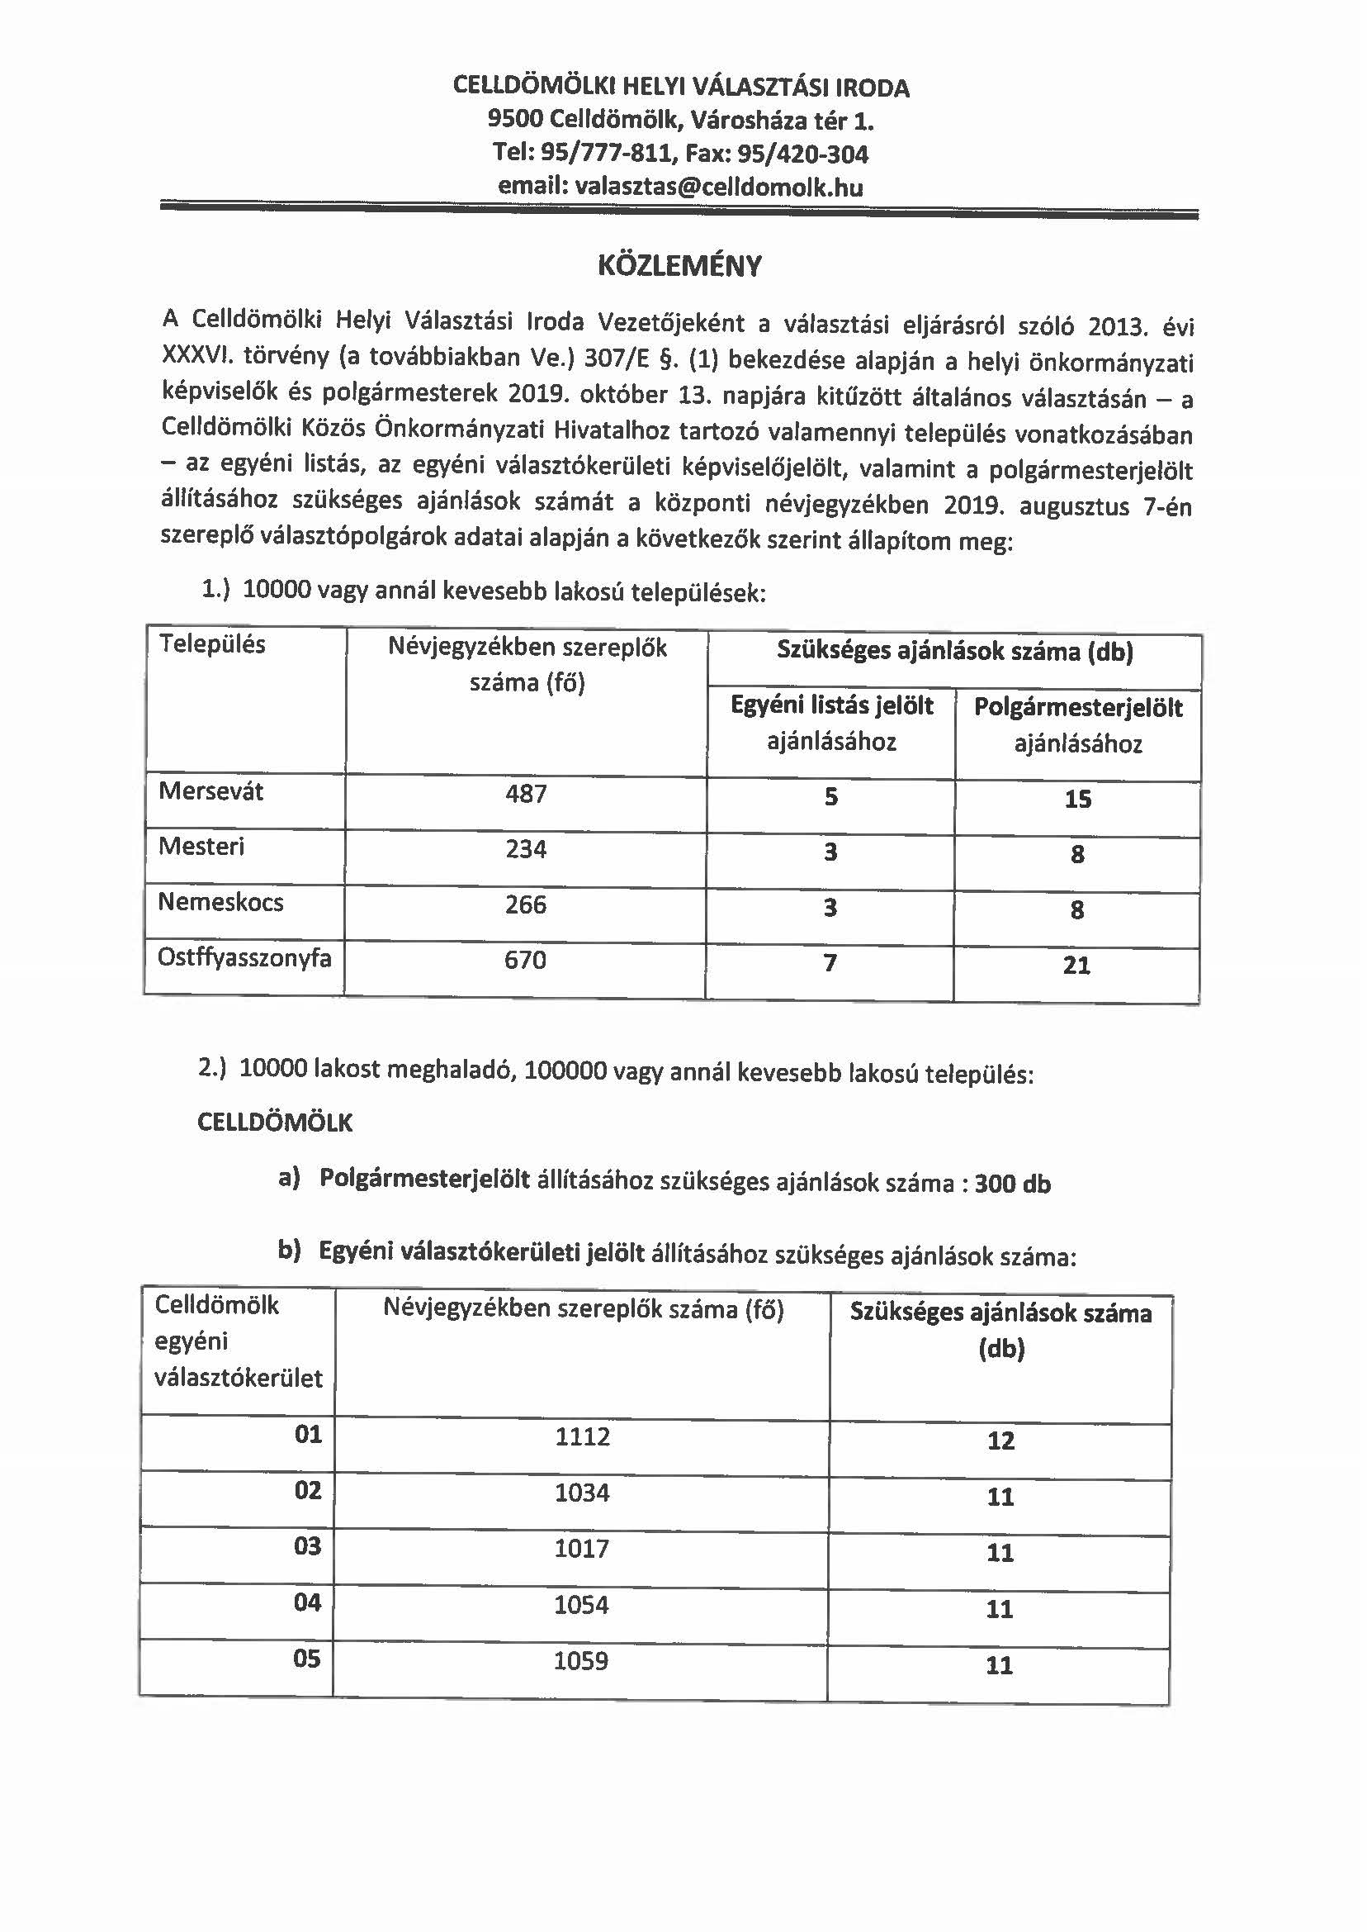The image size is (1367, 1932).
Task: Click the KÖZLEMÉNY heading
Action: click(679, 266)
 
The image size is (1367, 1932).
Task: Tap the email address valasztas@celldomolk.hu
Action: click(718, 186)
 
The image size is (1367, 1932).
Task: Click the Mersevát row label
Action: click(211, 790)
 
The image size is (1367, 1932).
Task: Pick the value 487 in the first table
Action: click(526, 793)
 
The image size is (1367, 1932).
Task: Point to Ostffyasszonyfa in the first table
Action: click(244, 957)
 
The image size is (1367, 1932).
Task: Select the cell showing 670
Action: click(525, 960)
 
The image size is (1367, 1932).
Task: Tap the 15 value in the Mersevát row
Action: click(1077, 799)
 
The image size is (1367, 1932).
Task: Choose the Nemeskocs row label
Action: click(220, 902)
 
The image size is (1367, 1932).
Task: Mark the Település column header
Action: click(212, 644)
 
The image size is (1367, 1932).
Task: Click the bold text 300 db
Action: click(1013, 1184)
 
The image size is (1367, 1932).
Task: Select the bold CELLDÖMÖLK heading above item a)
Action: click(275, 1123)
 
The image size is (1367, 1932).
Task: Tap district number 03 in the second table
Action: click(308, 1545)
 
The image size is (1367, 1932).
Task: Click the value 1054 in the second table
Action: click(582, 1604)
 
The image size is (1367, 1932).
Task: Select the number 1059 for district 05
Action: click(582, 1661)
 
